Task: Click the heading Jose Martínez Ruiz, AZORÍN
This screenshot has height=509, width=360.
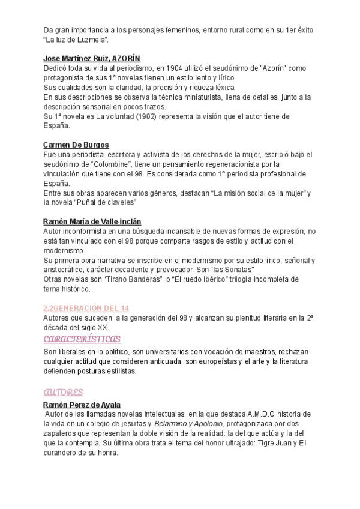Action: point(92,58)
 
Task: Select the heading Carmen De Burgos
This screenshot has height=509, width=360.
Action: point(76,145)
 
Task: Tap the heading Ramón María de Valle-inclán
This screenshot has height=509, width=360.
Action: point(92,221)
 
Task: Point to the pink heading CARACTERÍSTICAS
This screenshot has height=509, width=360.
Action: point(82,339)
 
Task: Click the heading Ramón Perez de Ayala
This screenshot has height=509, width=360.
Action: point(82,405)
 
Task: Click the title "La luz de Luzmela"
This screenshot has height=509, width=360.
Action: point(76,40)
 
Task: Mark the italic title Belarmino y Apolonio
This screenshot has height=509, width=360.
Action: point(172,424)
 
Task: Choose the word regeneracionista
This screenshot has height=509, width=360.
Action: point(238,164)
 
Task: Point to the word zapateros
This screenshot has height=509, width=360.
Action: point(62,433)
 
